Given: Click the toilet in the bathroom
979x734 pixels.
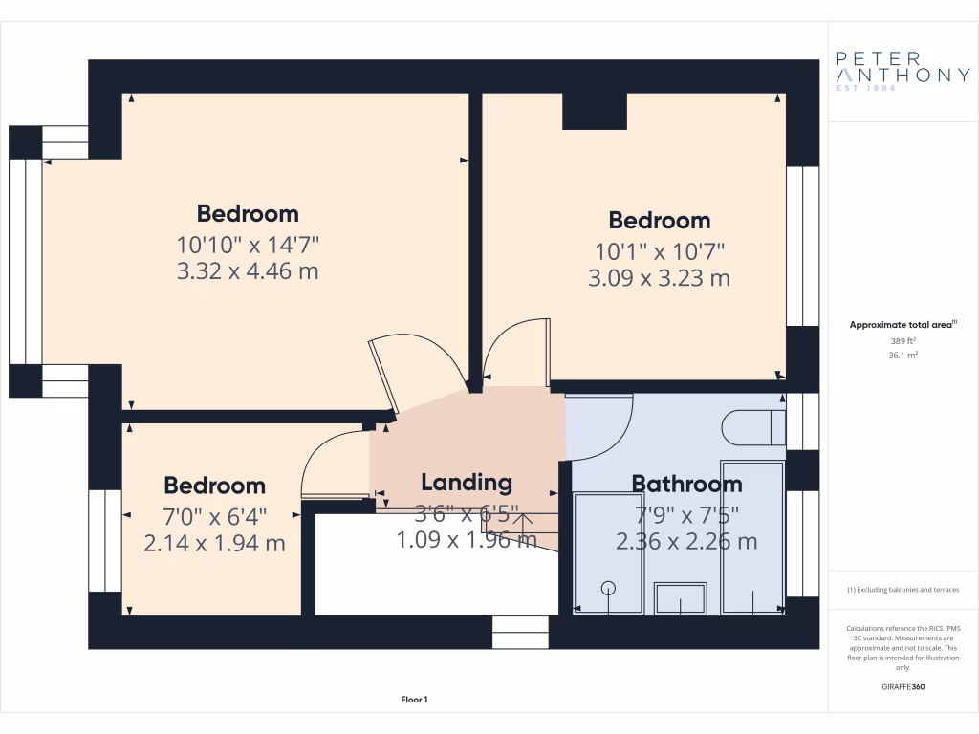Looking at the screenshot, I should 752,427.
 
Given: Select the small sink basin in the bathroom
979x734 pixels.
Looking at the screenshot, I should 681,598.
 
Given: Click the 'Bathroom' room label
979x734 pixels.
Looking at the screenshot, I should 686,484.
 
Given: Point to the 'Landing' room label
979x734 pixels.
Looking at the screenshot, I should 467,482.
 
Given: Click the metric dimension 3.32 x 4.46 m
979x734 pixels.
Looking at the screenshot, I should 248,271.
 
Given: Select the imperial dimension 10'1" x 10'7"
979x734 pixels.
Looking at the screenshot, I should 659,251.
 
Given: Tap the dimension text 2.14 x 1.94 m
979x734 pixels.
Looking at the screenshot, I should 214,544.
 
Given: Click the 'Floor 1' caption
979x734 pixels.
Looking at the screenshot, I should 414,701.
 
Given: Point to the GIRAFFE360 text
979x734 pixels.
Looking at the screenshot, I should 903,686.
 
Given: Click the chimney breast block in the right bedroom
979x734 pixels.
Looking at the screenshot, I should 594,111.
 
